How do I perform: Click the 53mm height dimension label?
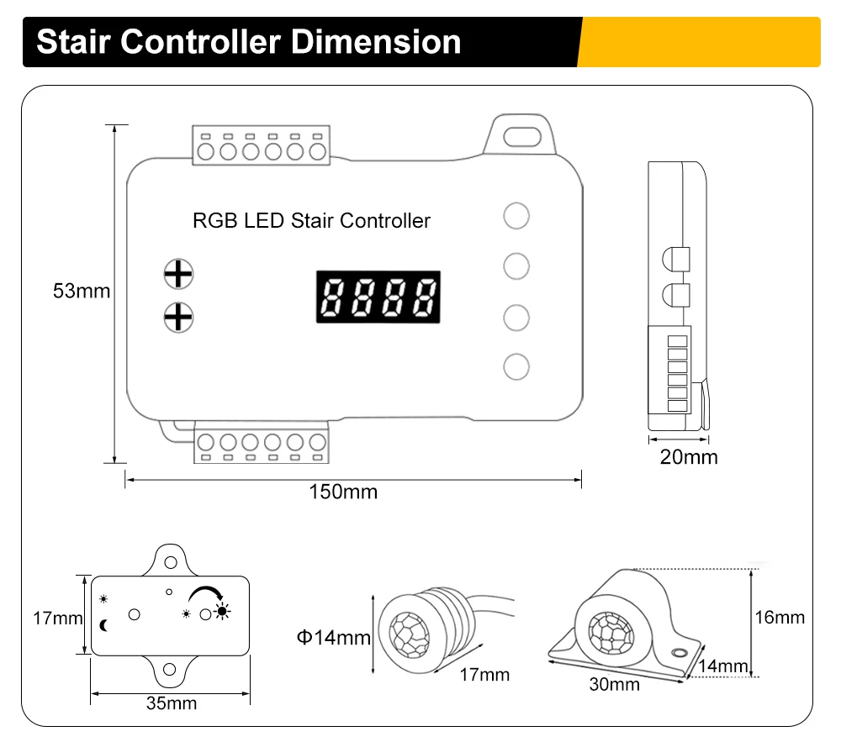click(82, 292)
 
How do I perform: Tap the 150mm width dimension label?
click(343, 492)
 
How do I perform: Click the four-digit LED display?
click(378, 297)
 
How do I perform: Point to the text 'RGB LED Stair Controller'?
click(311, 221)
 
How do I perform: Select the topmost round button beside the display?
click(516, 215)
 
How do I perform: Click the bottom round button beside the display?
click(516, 366)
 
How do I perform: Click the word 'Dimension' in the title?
click(378, 41)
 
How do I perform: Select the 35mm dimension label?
click(171, 703)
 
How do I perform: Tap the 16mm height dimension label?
click(780, 618)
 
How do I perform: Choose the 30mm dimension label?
click(614, 684)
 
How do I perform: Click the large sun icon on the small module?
click(222, 611)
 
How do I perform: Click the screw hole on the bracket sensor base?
click(678, 653)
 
